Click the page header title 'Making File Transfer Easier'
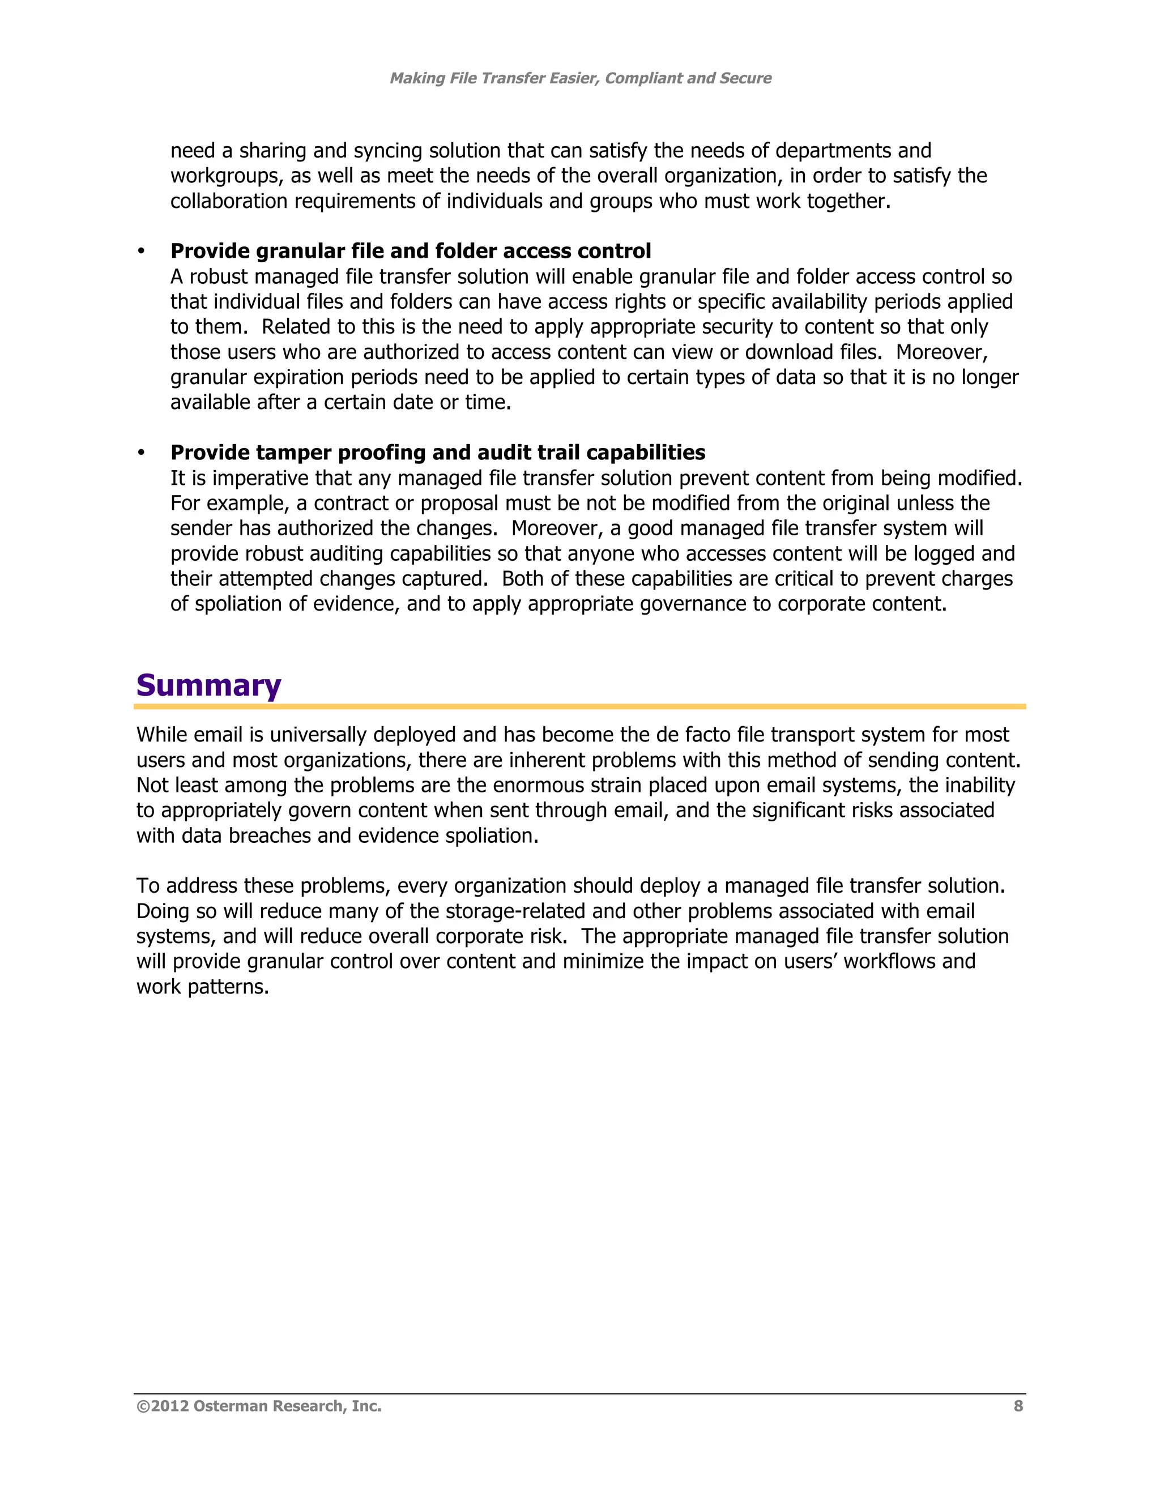click(580, 78)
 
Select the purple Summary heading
click(209, 685)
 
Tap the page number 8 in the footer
click(1018, 1406)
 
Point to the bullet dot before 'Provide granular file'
click(142, 252)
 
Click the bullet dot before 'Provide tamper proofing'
click(142, 453)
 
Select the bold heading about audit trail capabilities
click(438, 453)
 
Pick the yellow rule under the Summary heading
click(580, 706)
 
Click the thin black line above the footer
click(580, 1394)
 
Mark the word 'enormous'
click(538, 786)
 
